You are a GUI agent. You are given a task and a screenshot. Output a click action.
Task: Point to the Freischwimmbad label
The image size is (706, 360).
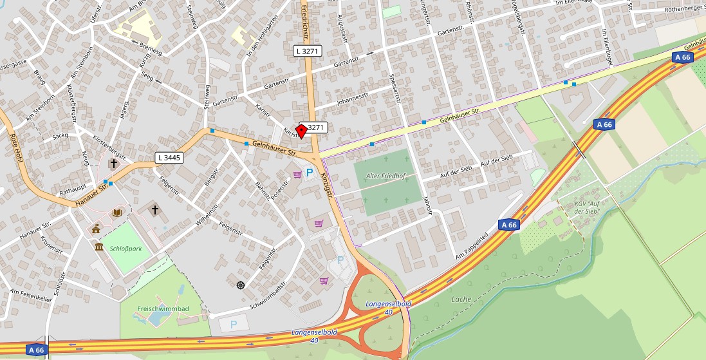tap(163, 309)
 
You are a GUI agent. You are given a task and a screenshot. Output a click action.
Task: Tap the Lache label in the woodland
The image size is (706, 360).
tap(461, 299)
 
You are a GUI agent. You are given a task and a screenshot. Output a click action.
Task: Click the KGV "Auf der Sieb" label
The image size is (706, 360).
tap(587, 207)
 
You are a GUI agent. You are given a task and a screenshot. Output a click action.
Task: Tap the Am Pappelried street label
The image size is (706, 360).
tap(477, 247)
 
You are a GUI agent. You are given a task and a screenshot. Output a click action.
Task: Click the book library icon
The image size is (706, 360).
tap(116, 212)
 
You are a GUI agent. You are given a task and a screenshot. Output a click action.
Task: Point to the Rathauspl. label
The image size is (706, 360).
tap(72, 191)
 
